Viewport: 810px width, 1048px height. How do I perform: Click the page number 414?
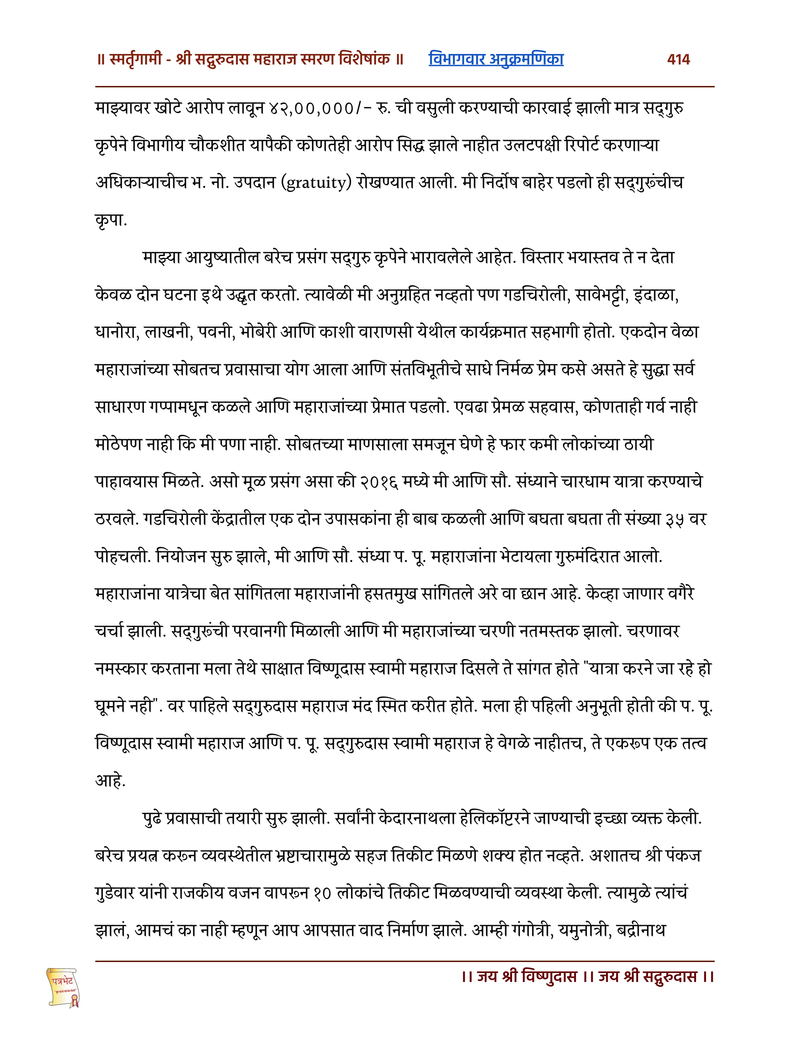678,59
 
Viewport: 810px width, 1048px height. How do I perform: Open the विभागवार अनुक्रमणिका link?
496,59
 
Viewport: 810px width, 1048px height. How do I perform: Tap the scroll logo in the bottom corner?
63,987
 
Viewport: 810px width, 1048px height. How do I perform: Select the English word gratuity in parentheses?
316,183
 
